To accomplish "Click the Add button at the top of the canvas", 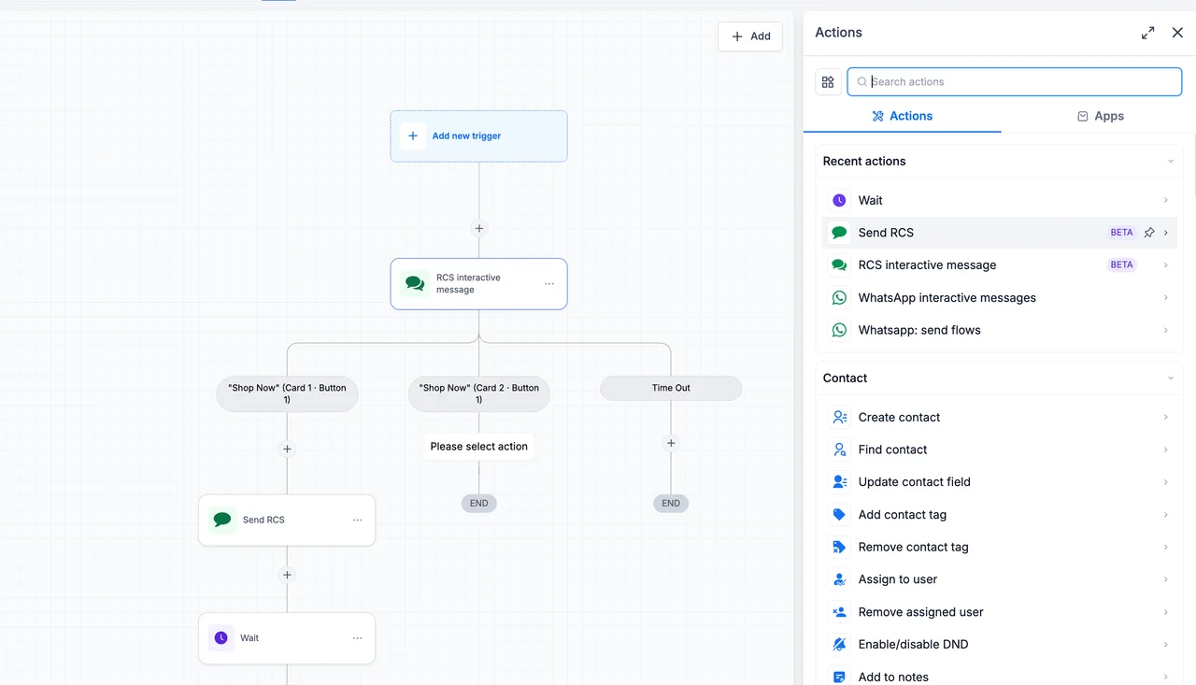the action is coord(750,36).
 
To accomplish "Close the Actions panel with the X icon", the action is coord(1177,33).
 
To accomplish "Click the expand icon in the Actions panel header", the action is coord(1148,33).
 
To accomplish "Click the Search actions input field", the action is coord(1015,81).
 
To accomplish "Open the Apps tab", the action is coord(1101,116).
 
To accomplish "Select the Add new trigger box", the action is coord(479,136).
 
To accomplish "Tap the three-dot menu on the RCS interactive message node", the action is coord(549,284).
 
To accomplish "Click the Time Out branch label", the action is coord(671,388).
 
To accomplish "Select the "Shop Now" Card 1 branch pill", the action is coord(287,393).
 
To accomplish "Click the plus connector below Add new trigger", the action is coord(479,229).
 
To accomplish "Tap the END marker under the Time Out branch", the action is coord(671,503).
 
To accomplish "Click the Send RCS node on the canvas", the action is coord(287,520).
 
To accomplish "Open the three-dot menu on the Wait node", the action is coord(357,638).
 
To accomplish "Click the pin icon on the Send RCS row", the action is coord(1149,233).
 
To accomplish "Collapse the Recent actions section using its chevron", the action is coord(1171,162).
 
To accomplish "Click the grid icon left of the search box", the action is coord(828,81).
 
